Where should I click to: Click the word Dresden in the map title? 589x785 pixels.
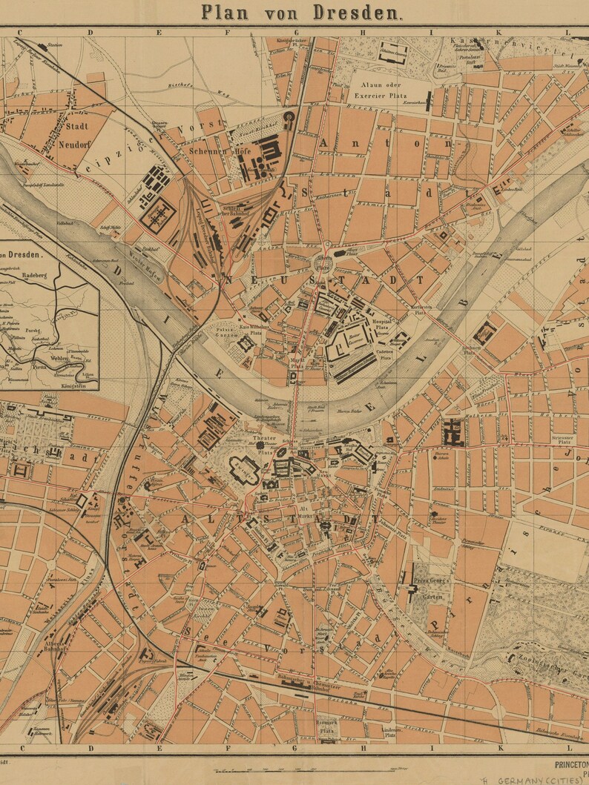tap(358, 13)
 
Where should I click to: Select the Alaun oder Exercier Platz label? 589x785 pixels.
tap(389, 91)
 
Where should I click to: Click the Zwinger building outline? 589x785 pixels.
tap(245, 468)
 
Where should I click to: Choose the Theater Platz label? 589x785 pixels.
tap(265, 444)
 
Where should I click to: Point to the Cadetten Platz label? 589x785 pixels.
tap(386, 354)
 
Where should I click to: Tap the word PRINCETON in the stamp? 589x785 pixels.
tap(571, 761)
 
